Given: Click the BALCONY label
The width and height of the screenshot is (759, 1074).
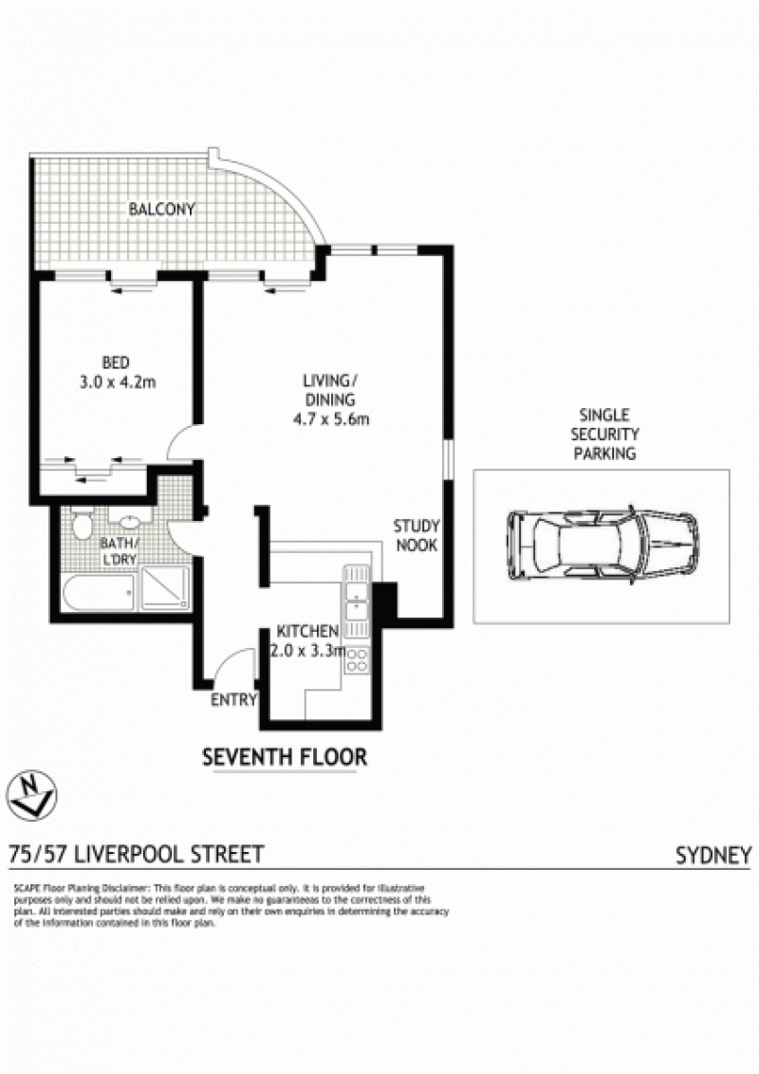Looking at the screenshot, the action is point(161,209).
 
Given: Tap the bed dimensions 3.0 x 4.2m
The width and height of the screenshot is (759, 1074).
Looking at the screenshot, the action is point(118,382).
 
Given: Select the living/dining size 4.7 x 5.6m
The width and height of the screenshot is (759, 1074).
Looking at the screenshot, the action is point(331,419).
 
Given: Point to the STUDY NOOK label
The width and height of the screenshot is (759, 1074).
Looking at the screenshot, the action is point(417,536).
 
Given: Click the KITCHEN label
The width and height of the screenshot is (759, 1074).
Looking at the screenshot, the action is point(307,631).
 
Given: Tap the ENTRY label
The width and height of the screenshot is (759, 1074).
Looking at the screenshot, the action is point(233,700).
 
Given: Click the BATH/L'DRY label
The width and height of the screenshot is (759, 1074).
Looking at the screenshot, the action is point(120,551).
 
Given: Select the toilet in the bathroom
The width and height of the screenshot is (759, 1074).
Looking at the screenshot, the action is point(83,524).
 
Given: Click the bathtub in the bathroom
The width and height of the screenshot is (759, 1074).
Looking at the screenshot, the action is point(99,592).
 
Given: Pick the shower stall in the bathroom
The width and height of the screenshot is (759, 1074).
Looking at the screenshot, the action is point(165,587).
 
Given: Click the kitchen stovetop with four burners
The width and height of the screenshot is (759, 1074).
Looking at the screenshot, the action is point(357,659).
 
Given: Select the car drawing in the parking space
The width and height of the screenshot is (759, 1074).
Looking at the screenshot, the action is point(602,546).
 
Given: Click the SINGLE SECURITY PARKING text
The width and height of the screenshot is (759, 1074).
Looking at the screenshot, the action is point(605,435).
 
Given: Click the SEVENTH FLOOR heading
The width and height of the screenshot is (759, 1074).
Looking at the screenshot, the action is point(285,757).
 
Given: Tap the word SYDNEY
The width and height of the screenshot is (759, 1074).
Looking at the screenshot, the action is point(713,856).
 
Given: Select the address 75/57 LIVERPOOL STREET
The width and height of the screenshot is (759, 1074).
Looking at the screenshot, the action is point(136,854).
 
